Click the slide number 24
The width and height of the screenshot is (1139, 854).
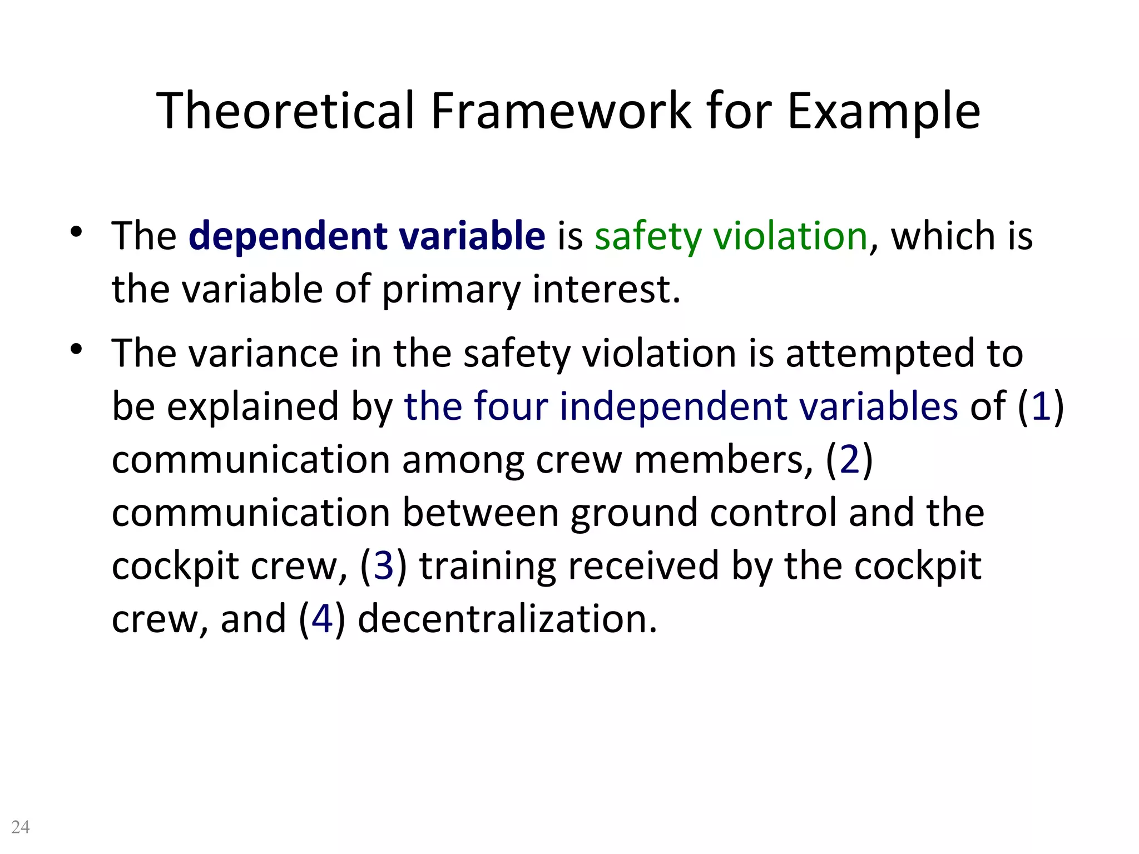pos(21,827)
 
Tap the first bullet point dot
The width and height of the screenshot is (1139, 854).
pos(77,231)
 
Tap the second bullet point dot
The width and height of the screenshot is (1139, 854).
pos(77,349)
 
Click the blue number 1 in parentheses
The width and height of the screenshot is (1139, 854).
pos(1041,406)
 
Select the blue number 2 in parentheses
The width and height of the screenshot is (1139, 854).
pos(849,460)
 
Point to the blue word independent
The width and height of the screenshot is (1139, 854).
pos(673,406)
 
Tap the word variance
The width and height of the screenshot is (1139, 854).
pos(264,354)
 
